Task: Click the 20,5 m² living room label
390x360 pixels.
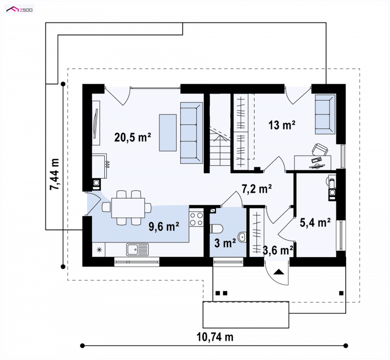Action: (x=133, y=137)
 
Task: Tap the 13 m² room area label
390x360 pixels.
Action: (x=282, y=125)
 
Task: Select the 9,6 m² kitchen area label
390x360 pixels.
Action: (x=164, y=226)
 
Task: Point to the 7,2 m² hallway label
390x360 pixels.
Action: (x=257, y=189)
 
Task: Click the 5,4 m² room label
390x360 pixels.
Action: (x=315, y=222)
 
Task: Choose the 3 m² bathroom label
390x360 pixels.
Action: (x=225, y=243)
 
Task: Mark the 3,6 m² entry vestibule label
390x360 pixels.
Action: (x=278, y=250)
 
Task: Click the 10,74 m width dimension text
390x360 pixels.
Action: (x=215, y=337)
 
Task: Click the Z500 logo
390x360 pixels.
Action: (x=19, y=10)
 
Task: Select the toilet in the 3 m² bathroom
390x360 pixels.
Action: (x=216, y=229)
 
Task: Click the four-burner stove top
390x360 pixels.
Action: (x=196, y=219)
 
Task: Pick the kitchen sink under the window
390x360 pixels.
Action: (x=137, y=250)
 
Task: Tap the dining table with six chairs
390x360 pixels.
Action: (x=128, y=208)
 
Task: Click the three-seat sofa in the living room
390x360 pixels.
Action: (x=191, y=133)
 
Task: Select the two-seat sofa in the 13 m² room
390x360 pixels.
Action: (x=325, y=114)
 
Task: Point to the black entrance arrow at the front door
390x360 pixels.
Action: (x=278, y=272)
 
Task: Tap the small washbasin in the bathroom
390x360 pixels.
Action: (x=242, y=237)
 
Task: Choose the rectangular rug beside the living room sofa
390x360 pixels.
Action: (x=168, y=133)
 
